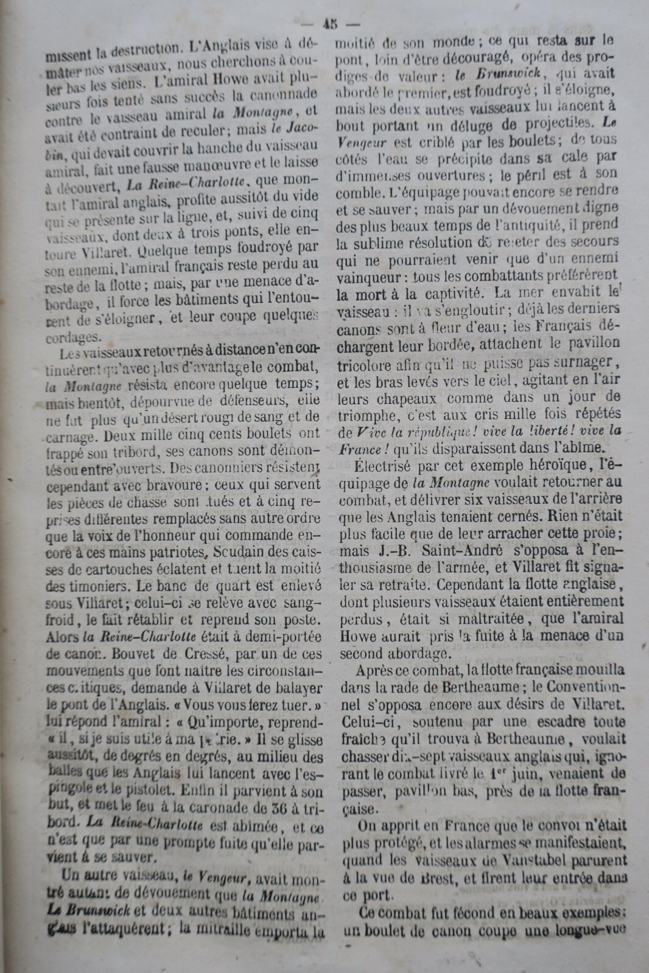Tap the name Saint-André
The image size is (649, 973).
(x=462, y=552)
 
